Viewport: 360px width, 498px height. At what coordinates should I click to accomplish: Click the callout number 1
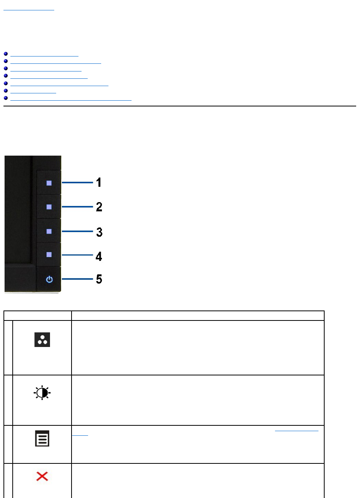[99, 182]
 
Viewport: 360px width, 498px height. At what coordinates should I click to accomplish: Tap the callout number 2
[99, 207]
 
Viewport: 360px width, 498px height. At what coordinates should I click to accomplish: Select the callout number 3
[99, 232]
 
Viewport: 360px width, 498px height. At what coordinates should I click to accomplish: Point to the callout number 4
[99, 256]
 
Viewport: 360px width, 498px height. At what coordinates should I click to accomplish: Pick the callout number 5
[99, 279]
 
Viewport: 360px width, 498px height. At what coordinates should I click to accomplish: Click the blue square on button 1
[49, 183]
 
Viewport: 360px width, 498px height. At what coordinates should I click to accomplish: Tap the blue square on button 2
[49, 207]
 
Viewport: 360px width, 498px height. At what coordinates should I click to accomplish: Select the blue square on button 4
[49, 255]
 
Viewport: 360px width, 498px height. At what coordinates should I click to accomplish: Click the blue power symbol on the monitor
[49, 279]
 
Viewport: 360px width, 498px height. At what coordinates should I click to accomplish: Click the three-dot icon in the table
[42, 340]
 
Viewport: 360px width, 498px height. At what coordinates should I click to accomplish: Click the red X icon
[42, 477]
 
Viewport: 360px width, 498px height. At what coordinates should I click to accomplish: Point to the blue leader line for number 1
[77, 183]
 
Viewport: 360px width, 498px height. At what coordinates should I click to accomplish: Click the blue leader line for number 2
[77, 207]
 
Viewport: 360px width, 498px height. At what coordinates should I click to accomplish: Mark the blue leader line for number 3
[77, 231]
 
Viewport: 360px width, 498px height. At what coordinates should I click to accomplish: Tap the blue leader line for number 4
[77, 255]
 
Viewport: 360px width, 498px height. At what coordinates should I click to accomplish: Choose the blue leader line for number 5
[77, 279]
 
